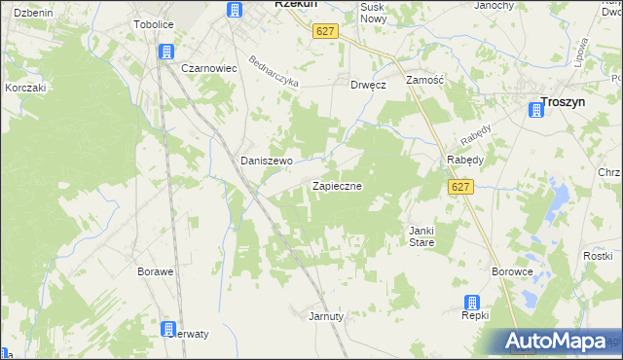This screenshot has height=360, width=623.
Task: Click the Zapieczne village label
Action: point(338,185)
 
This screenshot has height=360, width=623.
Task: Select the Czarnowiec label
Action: point(210,69)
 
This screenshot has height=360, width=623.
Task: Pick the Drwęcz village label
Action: point(369,85)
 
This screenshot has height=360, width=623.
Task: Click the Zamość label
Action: point(425,80)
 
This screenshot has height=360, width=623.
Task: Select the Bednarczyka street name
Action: point(273,69)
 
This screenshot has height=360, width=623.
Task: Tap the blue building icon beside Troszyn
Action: point(534,111)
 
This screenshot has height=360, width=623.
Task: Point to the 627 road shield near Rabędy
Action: point(461,187)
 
